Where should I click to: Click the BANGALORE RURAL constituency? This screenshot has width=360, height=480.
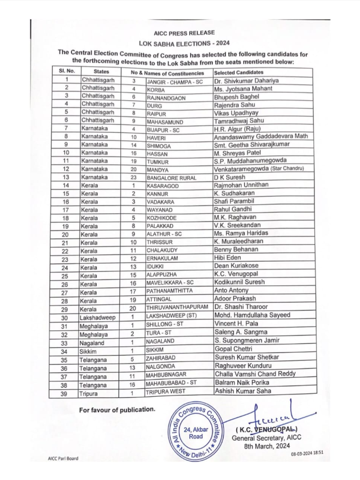[x=172, y=178]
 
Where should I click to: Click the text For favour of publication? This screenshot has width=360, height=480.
[x=117, y=409]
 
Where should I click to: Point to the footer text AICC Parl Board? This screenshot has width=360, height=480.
[x=63, y=459]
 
